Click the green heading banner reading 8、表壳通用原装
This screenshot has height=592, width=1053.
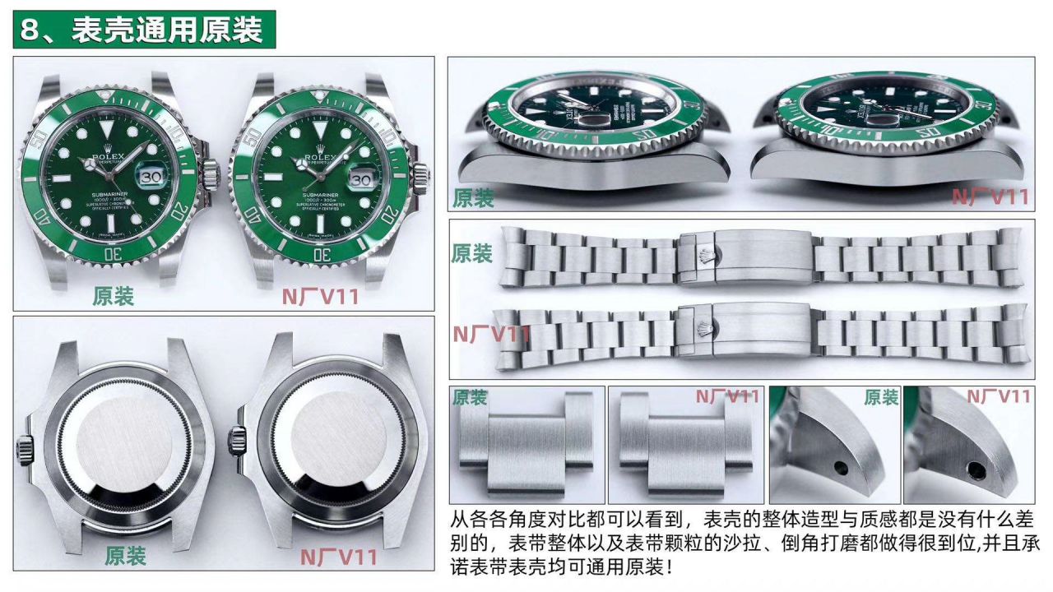point(144,29)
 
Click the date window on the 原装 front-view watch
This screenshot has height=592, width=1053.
point(152,176)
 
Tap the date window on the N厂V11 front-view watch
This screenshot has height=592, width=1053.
point(362,178)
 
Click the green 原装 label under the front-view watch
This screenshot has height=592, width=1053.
point(113,296)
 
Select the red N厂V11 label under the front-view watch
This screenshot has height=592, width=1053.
point(321,296)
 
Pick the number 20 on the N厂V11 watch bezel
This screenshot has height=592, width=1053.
point(389,211)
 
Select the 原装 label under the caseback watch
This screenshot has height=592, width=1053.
point(125,555)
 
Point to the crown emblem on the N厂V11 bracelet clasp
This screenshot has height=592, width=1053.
point(703,329)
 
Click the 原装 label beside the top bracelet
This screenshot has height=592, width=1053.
point(471,253)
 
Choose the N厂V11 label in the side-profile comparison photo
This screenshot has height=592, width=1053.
point(990,197)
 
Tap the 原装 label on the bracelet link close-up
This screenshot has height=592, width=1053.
point(469,398)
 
